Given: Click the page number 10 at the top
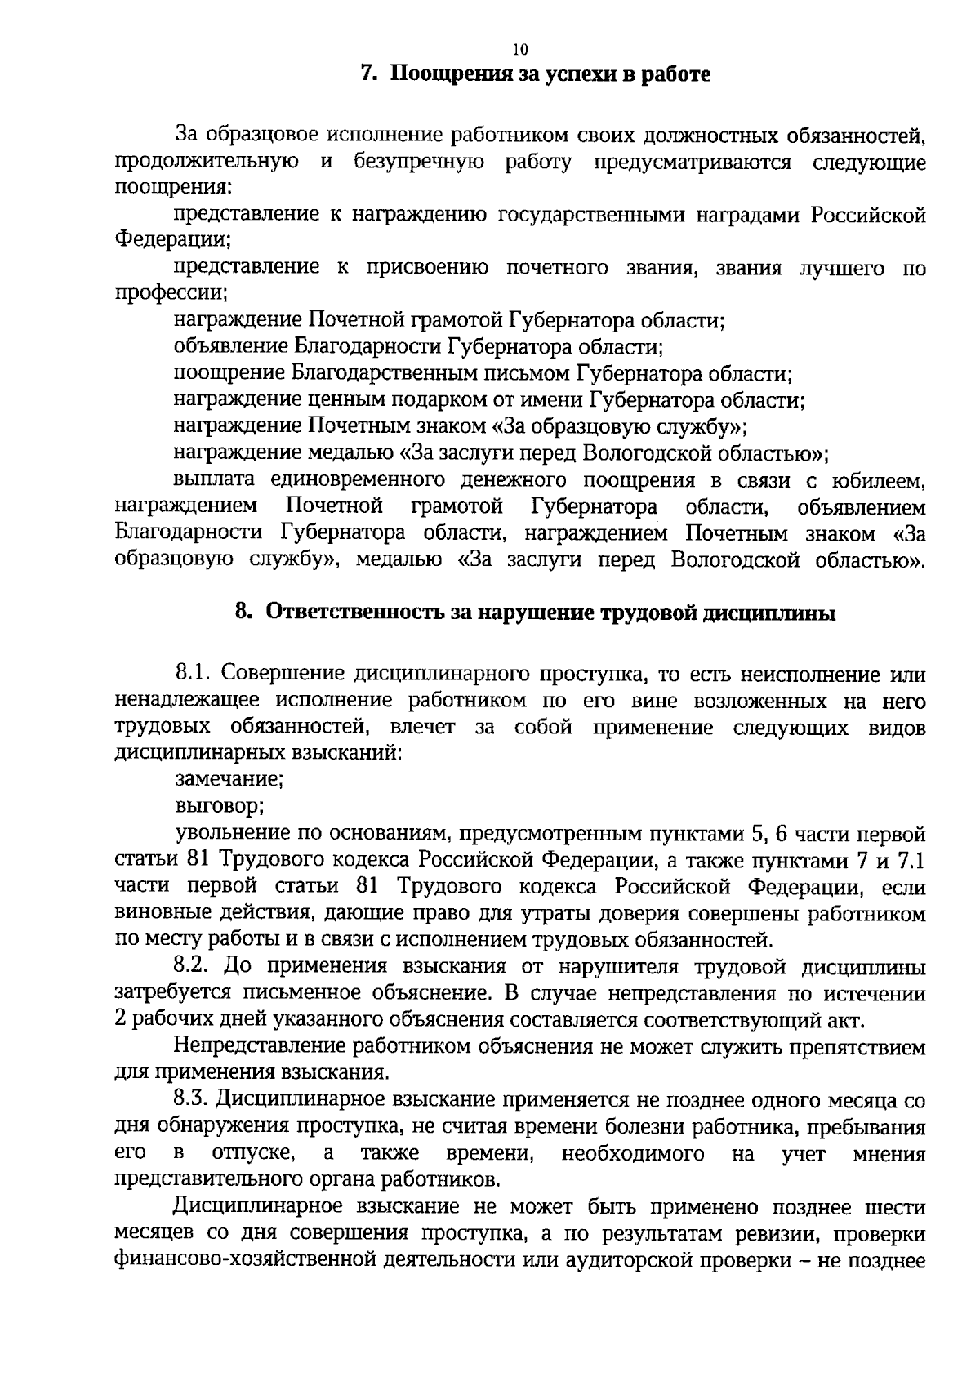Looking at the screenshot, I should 521,50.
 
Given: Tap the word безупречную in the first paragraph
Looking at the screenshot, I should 419,162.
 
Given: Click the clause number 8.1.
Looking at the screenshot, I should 194,675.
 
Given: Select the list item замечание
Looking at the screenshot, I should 229,780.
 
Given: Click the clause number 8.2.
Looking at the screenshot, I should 194,967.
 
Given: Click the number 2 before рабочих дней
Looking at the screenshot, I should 122,1020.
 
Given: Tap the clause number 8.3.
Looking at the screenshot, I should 194,1100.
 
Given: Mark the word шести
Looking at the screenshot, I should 898,1207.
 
